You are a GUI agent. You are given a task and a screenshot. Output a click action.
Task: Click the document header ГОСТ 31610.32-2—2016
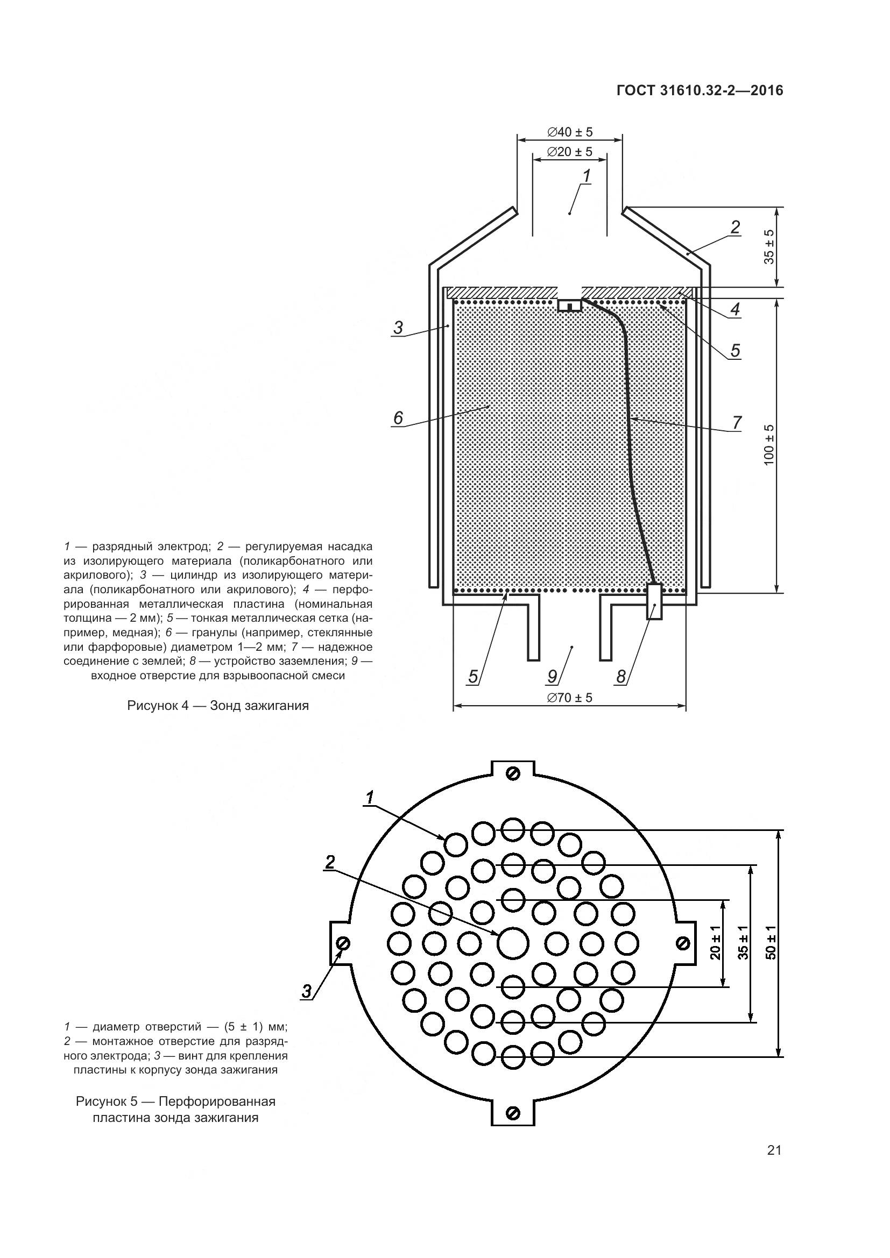pyautogui.click(x=700, y=91)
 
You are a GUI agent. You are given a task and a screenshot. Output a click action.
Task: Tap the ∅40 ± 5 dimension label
pyautogui.click(x=569, y=132)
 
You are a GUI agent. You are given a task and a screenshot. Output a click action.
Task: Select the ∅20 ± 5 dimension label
pyautogui.click(x=569, y=152)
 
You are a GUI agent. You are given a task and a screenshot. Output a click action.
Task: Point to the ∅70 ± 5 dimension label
pyautogui.click(x=569, y=698)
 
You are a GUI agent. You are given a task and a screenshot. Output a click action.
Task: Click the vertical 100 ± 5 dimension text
pyautogui.click(x=769, y=445)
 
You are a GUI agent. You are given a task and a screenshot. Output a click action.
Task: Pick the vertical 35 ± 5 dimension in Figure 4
pyautogui.click(x=769, y=246)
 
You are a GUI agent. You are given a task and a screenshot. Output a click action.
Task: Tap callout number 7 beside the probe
pyautogui.click(x=737, y=422)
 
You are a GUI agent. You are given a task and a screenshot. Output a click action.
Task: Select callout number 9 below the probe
pyautogui.click(x=553, y=677)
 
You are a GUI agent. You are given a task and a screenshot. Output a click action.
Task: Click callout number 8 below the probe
pyautogui.click(x=621, y=677)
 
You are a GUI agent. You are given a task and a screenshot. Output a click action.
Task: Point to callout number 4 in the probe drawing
pyautogui.click(x=735, y=309)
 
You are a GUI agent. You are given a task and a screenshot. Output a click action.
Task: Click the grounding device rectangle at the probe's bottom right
pyautogui.click(x=654, y=602)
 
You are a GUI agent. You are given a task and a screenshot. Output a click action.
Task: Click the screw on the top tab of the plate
pyautogui.click(x=513, y=773)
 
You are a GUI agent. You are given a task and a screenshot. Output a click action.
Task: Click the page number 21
pyautogui.click(x=774, y=1165)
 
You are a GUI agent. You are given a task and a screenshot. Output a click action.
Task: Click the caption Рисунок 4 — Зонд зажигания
pyautogui.click(x=218, y=706)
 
